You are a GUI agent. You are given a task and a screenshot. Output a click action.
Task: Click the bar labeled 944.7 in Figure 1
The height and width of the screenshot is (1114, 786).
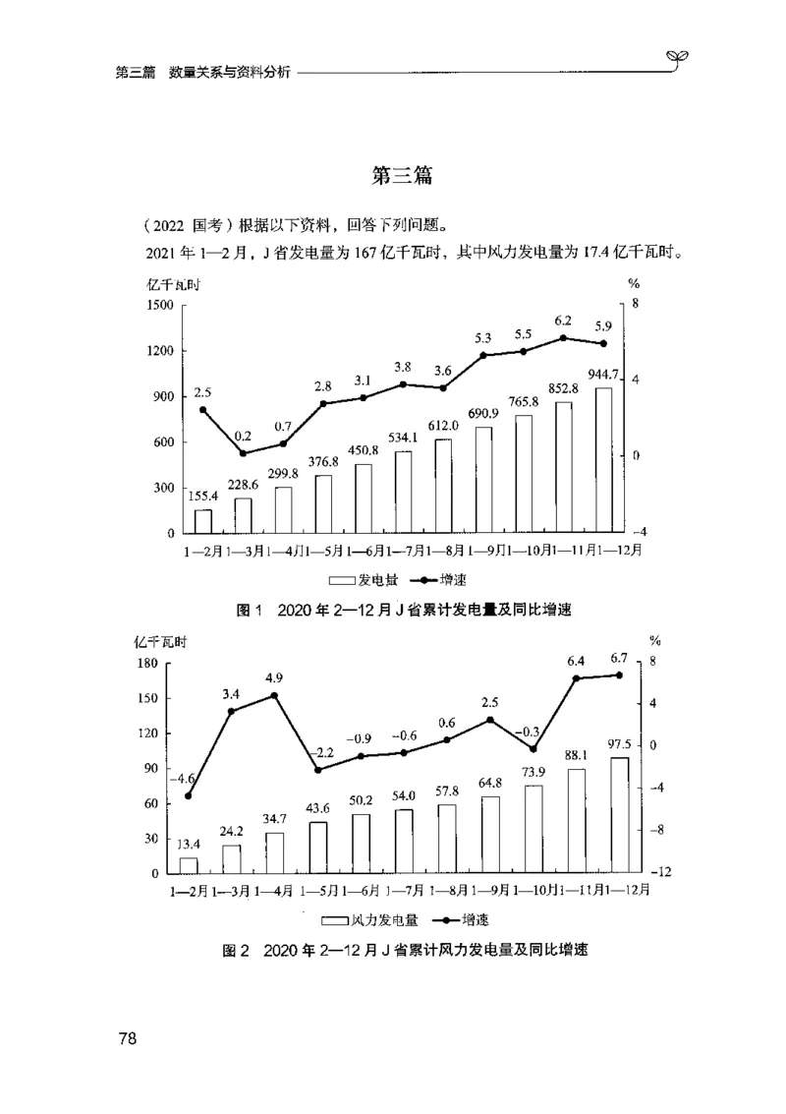click(x=603, y=460)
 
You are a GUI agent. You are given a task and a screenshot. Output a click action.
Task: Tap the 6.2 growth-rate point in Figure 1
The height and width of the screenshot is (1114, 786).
click(x=563, y=337)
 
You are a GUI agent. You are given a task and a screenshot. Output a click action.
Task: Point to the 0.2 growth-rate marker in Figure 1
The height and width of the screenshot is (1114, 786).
click(x=243, y=453)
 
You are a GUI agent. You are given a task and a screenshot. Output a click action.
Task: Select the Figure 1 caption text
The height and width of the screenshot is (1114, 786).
click(x=404, y=611)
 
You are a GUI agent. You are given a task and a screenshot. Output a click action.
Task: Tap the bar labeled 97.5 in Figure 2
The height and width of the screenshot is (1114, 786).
click(x=619, y=815)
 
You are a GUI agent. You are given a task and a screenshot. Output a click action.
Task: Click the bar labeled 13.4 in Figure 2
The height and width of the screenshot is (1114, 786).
click(x=188, y=865)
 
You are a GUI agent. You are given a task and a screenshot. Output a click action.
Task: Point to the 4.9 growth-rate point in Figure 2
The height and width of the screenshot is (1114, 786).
click(x=274, y=695)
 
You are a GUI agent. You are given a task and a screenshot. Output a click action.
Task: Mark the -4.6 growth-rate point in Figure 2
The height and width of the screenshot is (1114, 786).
click(x=188, y=795)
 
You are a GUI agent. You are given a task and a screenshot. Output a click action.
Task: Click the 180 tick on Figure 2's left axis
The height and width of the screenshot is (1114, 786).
click(x=148, y=664)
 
